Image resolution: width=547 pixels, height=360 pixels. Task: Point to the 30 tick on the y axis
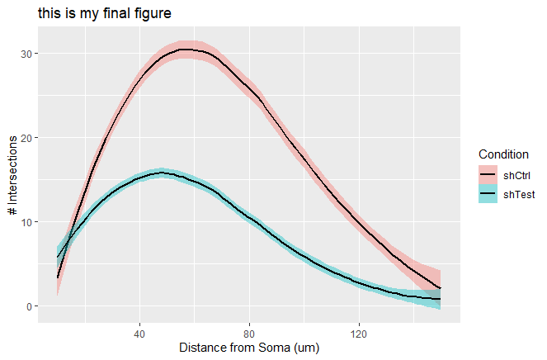tap(31, 54)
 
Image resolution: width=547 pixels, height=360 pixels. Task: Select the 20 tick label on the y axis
tap(31, 138)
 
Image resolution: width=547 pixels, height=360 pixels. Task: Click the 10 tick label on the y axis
tap(31, 222)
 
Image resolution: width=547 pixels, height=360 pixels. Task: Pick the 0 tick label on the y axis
tap(33, 306)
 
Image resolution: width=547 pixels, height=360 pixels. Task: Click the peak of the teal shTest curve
tap(162, 173)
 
